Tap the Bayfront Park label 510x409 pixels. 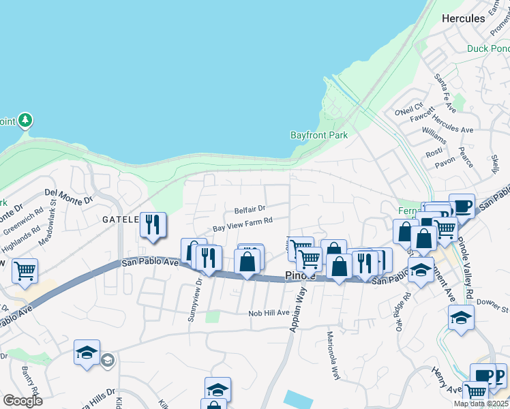point(319,135)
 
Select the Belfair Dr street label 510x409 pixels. point(250,209)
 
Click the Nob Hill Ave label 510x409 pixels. point(269,312)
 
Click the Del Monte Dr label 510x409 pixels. point(68,197)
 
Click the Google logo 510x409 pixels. point(22,400)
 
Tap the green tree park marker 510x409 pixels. point(25,121)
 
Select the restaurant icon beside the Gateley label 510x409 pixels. point(153,224)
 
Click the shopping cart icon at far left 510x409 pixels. point(25,271)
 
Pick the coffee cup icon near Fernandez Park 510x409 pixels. point(462,205)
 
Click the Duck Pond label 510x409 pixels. point(488,48)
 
